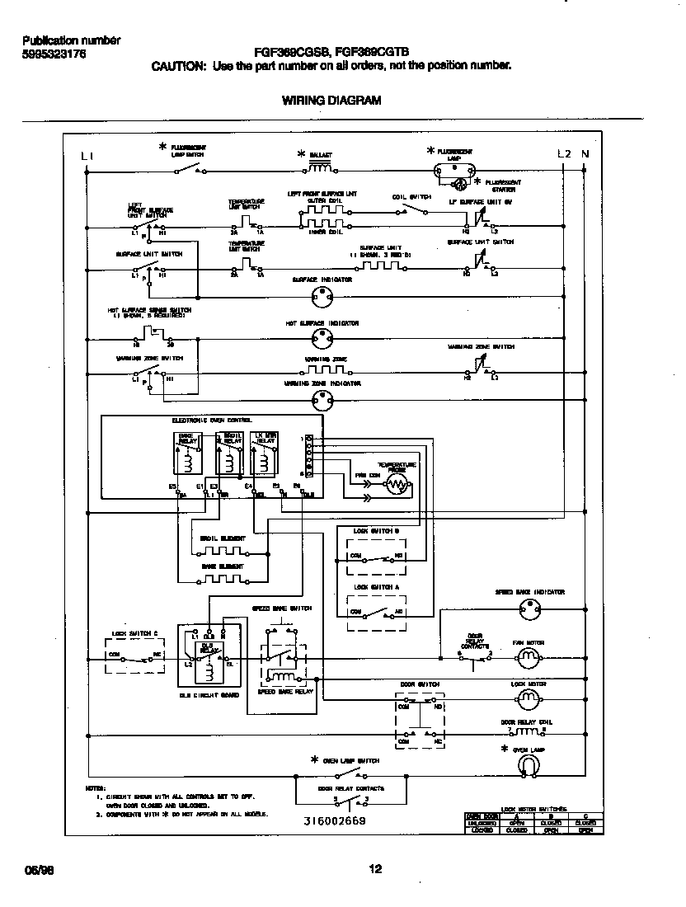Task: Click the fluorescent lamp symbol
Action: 454,171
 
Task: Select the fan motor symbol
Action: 527,657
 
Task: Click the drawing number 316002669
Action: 333,821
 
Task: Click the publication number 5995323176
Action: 54,54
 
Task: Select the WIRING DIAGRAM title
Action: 331,101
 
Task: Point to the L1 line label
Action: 88,155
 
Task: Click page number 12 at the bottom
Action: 375,869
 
